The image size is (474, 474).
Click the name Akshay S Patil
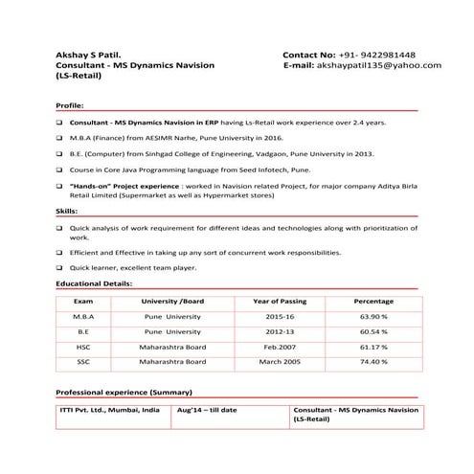[89, 54]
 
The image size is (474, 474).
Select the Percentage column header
[372, 301]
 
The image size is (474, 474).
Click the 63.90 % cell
[372, 316]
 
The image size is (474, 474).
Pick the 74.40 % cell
[372, 362]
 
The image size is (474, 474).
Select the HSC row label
[83, 347]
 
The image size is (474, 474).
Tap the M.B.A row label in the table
[83, 316]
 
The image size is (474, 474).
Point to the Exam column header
[83, 301]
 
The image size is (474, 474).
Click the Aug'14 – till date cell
[207, 409]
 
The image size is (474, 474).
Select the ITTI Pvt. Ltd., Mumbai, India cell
[109, 409]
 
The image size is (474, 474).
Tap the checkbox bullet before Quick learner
[59, 268]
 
